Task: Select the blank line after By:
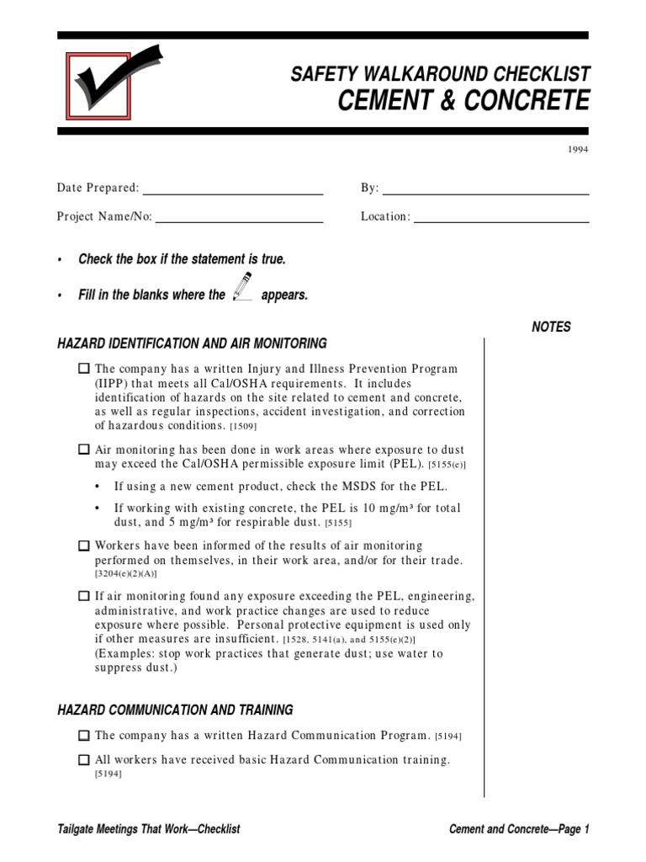(485, 194)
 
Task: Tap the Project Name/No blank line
(240, 221)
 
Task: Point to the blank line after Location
(501, 221)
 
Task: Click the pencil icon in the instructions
(242, 288)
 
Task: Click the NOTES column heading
(551, 327)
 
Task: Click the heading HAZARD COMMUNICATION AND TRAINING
(175, 710)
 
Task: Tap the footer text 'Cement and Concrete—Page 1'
(520, 829)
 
